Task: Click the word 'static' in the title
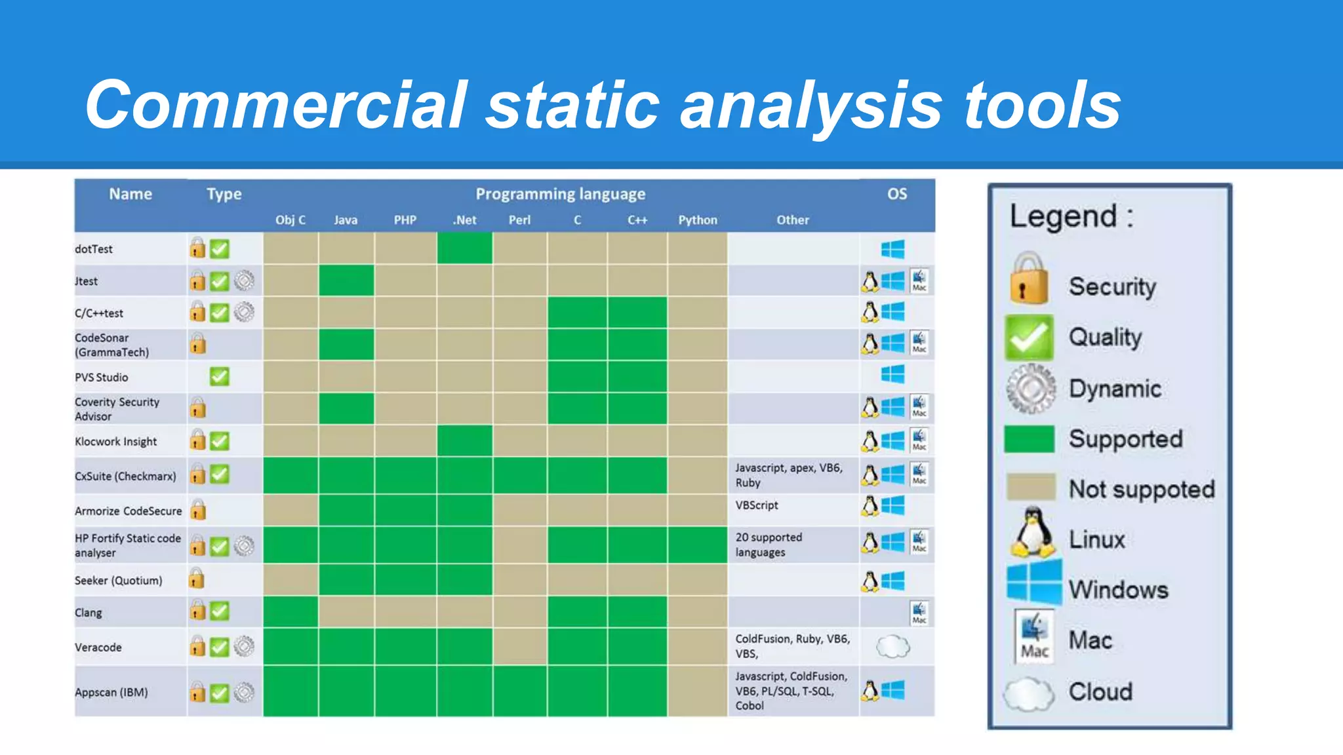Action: coord(572,105)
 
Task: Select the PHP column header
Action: coord(405,220)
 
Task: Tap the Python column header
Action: coord(697,220)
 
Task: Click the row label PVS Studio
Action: coord(102,377)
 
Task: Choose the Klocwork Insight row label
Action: coord(116,442)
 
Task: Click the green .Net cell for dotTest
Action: coord(464,248)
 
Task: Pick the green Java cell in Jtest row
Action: coord(346,281)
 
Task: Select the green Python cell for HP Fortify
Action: coord(697,545)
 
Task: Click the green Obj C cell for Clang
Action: coord(291,611)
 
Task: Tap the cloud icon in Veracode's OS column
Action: coord(892,647)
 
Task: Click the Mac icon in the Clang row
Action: coord(919,613)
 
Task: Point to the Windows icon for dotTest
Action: coord(892,249)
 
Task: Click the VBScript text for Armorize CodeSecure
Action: coord(756,505)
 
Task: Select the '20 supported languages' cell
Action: coord(768,545)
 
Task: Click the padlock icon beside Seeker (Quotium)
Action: coord(196,579)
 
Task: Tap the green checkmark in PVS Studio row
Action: coord(220,377)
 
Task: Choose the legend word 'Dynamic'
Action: coord(1115,389)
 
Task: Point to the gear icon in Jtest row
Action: coord(244,281)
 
